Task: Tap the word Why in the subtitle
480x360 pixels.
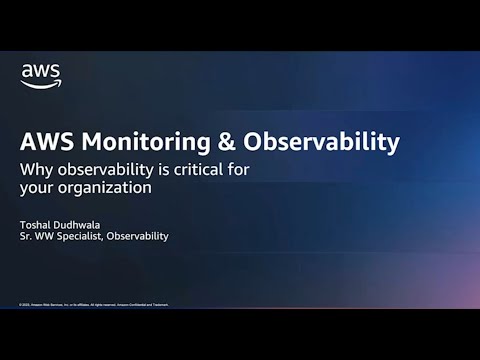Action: (x=36, y=169)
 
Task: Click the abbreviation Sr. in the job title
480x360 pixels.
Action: (x=27, y=236)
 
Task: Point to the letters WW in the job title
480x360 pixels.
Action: (x=47, y=236)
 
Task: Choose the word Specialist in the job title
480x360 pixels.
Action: (x=84, y=236)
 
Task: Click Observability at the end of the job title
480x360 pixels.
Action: (x=140, y=236)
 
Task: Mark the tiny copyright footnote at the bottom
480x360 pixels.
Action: (x=93, y=304)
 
